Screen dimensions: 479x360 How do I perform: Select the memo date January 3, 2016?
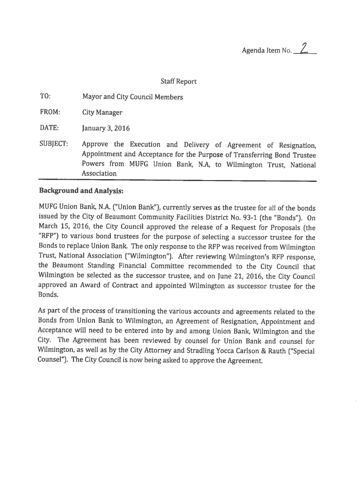106,128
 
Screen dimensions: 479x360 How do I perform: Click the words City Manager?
102,112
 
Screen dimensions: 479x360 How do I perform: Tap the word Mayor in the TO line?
93,97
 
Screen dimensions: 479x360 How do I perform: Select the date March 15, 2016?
60,227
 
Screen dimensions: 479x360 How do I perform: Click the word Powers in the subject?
94,165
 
